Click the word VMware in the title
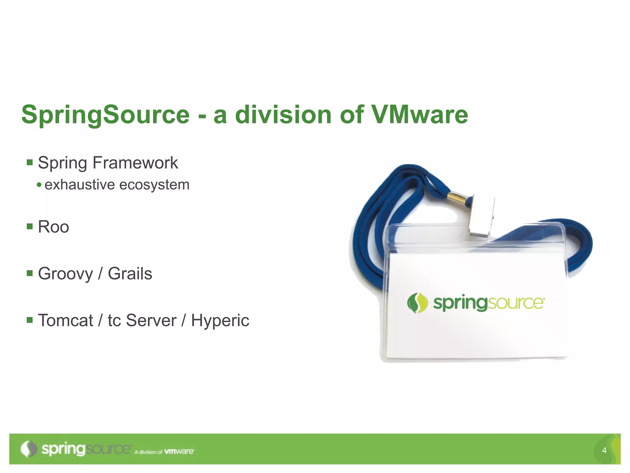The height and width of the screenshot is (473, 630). [420, 115]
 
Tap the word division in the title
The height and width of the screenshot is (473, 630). [283, 115]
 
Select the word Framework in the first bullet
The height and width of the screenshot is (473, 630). [135, 163]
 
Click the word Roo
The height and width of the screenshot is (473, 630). [53, 227]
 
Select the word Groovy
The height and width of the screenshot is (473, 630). [65, 274]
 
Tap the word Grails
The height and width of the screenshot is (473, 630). [130, 274]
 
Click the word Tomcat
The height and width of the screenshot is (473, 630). [65, 320]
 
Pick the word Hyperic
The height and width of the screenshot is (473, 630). [220, 321]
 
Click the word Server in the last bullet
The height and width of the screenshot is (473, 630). [151, 320]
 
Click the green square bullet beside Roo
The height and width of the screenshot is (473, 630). [30, 227]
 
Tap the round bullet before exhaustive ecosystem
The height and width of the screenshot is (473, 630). [39, 185]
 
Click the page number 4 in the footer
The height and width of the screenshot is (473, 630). [604, 451]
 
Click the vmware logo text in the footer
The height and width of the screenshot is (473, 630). [179, 451]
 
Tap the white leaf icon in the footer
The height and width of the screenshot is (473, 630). [29, 449]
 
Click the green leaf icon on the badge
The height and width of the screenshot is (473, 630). [417, 303]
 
